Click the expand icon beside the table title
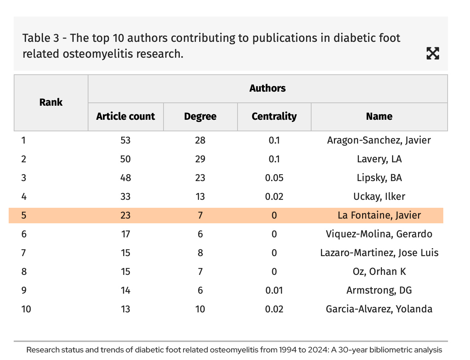432,53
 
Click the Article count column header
125,117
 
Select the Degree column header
200,117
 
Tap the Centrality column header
274,117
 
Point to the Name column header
379,117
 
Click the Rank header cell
51,102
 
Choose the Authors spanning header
267,88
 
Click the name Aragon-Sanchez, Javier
379,140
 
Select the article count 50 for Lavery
125,159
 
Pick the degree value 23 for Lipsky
200,178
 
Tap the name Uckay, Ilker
379,197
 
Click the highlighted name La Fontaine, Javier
379,215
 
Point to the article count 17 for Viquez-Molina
125,234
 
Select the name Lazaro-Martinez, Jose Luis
379,253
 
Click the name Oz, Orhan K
379,272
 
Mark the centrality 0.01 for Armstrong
274,290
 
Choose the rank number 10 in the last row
26,309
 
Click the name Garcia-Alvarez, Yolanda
379,309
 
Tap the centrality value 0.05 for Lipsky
274,178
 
